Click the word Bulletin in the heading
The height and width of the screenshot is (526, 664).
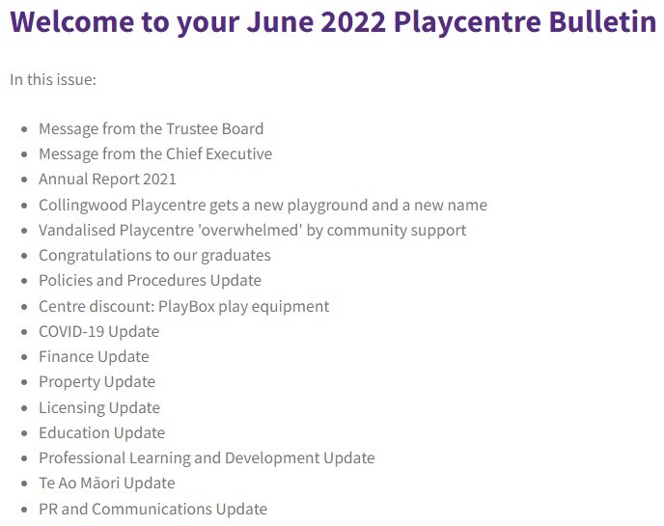click(x=602, y=21)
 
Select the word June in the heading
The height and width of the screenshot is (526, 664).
click(x=280, y=21)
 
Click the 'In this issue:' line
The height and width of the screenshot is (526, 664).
click(x=53, y=79)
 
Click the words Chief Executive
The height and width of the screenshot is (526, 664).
click(x=219, y=153)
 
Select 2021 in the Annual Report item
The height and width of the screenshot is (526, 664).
click(x=159, y=179)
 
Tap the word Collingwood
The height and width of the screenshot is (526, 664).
click(x=83, y=205)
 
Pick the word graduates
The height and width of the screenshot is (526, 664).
click(x=235, y=256)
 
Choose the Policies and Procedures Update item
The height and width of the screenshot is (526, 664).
click(x=150, y=280)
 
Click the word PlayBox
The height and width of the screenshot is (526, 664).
click(x=187, y=306)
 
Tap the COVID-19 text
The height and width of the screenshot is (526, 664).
click(x=72, y=331)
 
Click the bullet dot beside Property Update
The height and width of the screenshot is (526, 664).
click(x=24, y=382)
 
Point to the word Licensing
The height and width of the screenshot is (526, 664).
click(x=71, y=408)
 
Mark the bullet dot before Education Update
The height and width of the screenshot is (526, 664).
click(x=24, y=433)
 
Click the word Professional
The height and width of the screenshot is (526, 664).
click(x=82, y=457)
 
